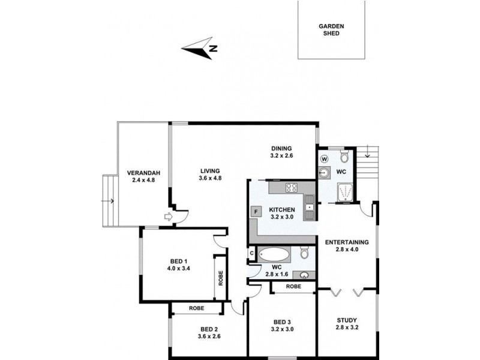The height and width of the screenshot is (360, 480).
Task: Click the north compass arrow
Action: pos(201,48)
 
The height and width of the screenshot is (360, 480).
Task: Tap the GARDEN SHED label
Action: pos(331,30)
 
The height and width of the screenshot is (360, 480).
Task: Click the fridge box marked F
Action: pos(257,211)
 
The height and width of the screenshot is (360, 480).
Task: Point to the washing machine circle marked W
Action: pos(325,159)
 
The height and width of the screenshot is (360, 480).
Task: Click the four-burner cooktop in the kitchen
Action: pos(292,187)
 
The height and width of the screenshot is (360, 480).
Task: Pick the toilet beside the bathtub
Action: pos(305,254)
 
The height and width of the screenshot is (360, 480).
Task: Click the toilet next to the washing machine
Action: pos(344,157)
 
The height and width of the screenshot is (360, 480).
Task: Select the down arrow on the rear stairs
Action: pos(367,158)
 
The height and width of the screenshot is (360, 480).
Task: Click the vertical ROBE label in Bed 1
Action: pos(220,277)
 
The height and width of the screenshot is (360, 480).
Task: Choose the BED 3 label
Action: pos(281,322)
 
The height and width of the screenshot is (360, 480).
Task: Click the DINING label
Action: pos(281,148)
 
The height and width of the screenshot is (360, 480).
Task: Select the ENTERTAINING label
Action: pos(347,242)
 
